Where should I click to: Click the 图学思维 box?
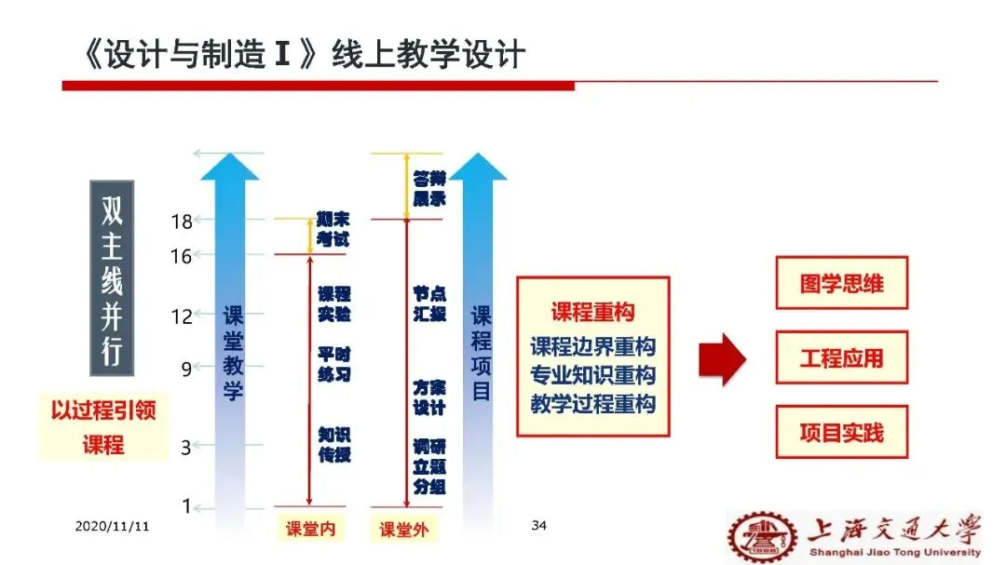pos(841,283)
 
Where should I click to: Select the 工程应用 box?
pos(841,357)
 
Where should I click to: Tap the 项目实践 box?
pos(841,432)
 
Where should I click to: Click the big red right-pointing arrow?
pos(723,358)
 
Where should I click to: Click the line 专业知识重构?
pos(592,375)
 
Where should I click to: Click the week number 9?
pos(186,370)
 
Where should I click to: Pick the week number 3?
pos(186,448)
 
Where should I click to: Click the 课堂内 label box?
pos(310,530)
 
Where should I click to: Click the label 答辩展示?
pos(429,189)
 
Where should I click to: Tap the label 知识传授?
pos(334,445)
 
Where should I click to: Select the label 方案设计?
pos(429,397)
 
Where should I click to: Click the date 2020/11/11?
pos(113,526)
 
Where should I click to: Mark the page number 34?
pos(538,526)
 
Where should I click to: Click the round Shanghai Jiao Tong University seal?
pos(762,537)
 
